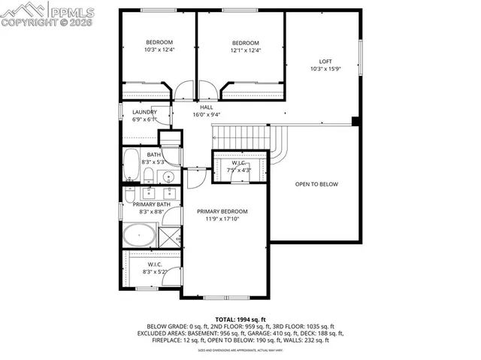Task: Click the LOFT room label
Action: [325, 62]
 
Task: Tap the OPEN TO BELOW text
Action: [316, 184]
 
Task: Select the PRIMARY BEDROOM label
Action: [222, 212]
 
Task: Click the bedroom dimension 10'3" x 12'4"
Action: [159, 50]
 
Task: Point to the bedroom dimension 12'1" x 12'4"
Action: [245, 50]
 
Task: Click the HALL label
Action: [206, 107]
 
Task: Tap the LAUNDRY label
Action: [144, 112]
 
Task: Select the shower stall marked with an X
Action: [169, 235]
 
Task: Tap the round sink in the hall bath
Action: [168, 177]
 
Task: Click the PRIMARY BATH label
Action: [152, 204]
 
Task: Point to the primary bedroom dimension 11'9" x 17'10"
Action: [222, 220]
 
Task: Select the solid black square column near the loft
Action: [356, 120]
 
